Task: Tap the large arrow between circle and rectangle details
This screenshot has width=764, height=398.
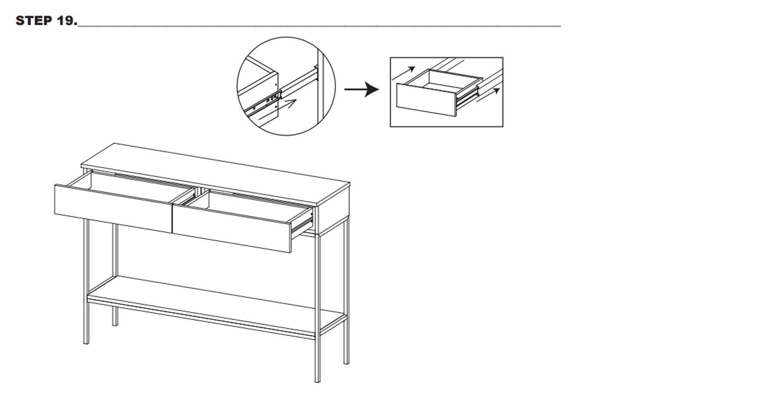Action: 362,90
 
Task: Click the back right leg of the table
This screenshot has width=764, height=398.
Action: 346,291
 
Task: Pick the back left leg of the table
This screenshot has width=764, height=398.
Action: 115,275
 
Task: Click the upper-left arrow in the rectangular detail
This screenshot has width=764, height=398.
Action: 403,74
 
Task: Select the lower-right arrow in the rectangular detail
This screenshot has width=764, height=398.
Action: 488,95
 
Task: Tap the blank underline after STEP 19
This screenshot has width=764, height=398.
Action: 320,26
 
